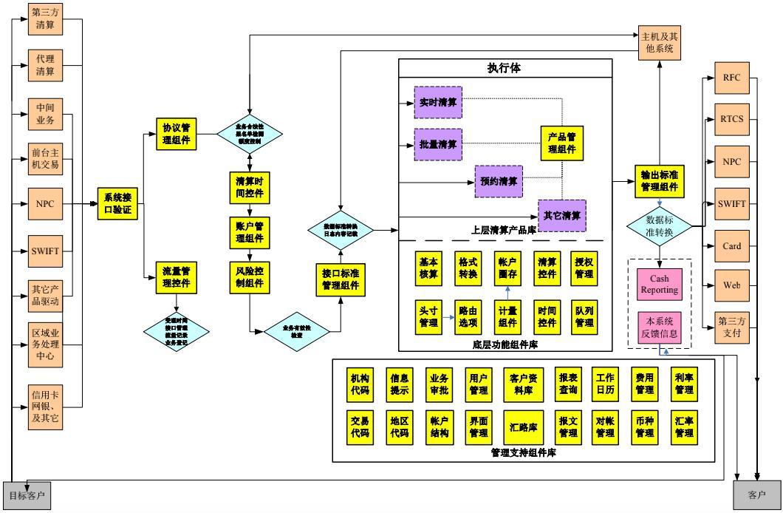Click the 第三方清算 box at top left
click(x=46, y=18)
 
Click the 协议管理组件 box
click(x=177, y=133)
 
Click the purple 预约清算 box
click(x=498, y=181)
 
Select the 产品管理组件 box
click(x=561, y=142)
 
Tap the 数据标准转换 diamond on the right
click(x=659, y=225)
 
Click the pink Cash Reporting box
click(x=659, y=285)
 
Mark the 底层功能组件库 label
click(x=506, y=344)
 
